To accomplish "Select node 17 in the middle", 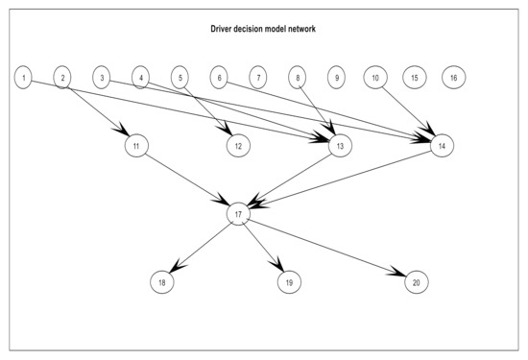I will tap(239, 214).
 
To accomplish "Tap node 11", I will tap(137, 146).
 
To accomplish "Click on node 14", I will tap(441, 146).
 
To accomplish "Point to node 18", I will tap(162, 282).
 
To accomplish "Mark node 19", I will tap(287, 282).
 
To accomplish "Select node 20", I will tap(415, 282).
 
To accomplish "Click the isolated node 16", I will tap(453, 76).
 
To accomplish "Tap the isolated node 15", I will tap(414, 76).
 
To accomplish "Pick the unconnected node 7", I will tap(256, 76).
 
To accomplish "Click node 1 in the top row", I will tap(23, 76).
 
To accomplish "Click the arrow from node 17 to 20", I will tap(326, 248).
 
